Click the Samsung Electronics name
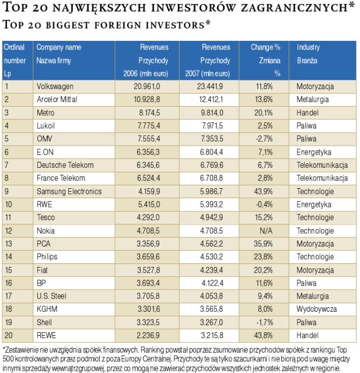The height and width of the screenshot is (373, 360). tap(68, 191)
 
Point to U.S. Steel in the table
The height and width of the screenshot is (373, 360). tap(51, 295)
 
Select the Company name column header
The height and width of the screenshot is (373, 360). tap(59, 47)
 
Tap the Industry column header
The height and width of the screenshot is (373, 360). tap(308, 47)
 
